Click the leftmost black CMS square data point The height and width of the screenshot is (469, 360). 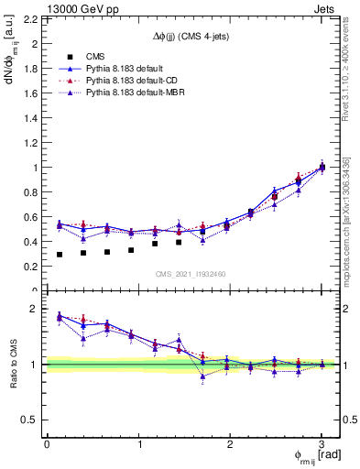[60, 255]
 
